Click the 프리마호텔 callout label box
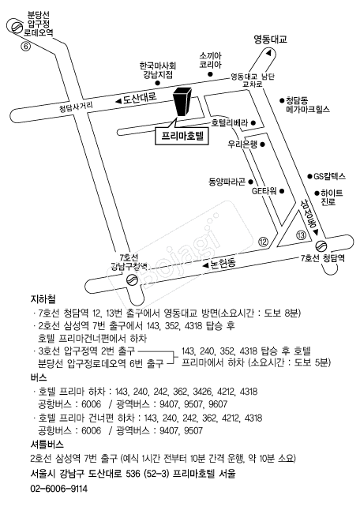pos(182,136)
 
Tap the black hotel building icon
pos(183,101)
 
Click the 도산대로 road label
pos(140,98)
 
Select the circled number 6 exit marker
pos(25,47)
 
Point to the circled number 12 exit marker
pos(263,242)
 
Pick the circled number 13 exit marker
pos(301,234)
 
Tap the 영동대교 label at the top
pos(271,39)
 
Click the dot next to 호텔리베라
pos(253,123)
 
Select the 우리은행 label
pos(242,144)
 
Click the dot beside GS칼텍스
pos(309,176)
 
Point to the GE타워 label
pos(264,191)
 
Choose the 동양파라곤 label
pos(227,182)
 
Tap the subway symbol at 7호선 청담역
pos(321,246)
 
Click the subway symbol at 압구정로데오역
pos(15,27)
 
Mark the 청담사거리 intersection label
pos(76,107)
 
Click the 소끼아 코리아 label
pos(211,60)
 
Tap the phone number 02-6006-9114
pos(59,489)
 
